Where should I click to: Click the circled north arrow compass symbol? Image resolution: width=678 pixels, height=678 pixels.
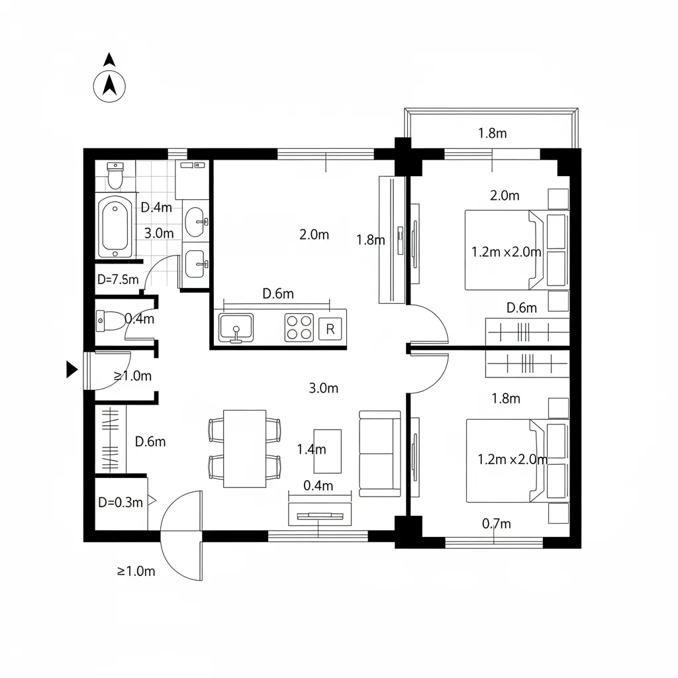click(109, 87)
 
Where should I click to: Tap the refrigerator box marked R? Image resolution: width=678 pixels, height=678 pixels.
click(330, 329)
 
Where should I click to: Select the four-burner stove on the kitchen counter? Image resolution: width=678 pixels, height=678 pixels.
click(299, 327)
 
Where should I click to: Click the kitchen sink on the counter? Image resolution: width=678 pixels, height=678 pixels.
click(236, 328)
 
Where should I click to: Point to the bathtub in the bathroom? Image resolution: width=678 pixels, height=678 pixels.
click(115, 226)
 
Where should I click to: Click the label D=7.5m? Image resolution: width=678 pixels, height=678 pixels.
click(118, 279)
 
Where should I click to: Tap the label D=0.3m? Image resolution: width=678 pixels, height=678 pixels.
click(121, 503)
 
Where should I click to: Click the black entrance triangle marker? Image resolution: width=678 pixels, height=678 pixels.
click(72, 369)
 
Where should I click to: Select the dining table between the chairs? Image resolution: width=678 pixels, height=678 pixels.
click(245, 449)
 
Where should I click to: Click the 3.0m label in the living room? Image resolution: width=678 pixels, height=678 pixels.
click(323, 388)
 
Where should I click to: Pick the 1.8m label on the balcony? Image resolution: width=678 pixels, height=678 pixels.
click(492, 133)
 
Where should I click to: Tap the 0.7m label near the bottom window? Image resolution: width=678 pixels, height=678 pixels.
click(497, 524)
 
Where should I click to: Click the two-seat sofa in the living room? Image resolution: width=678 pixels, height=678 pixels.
click(380, 454)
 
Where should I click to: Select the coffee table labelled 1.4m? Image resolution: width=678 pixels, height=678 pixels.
click(327, 451)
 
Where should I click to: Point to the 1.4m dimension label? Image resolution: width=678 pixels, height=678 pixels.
click(311, 450)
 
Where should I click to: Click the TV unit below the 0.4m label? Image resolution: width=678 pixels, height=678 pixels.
click(320, 514)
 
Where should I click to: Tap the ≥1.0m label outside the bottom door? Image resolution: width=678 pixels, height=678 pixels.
click(136, 571)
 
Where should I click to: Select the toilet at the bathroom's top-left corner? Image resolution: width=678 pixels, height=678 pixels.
click(115, 176)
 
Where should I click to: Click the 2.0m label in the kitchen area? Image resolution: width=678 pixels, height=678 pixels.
click(315, 234)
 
